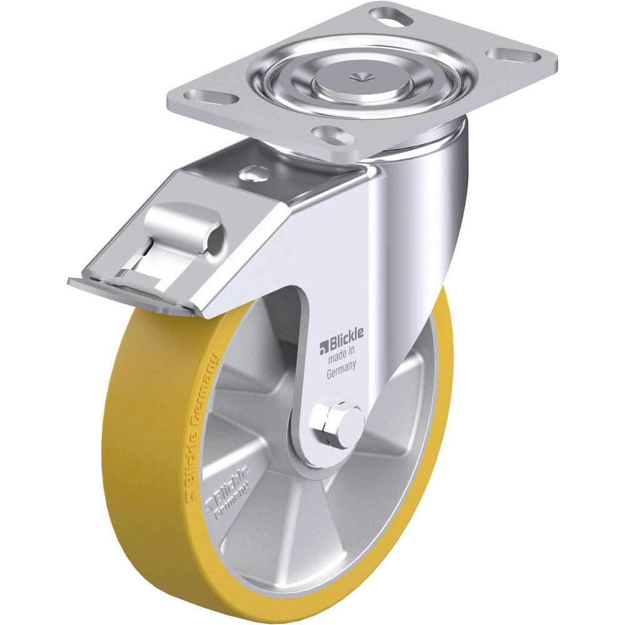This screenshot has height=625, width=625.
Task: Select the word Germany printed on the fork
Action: (341, 373)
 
